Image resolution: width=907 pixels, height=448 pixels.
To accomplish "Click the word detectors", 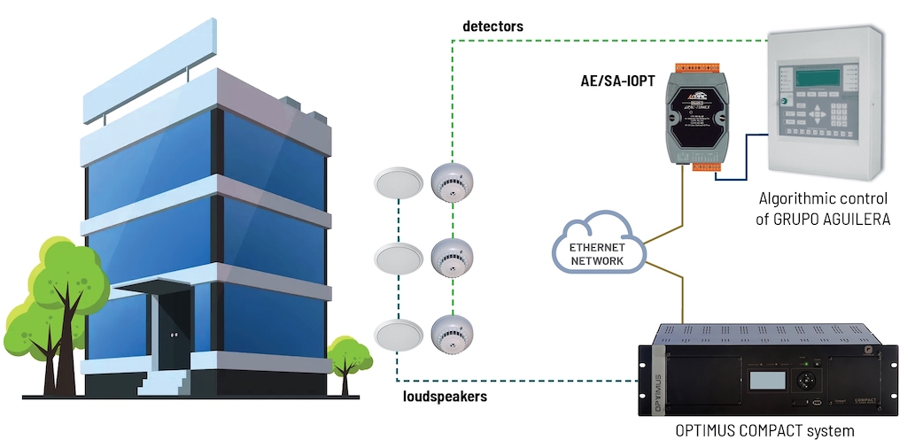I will [x=492, y=27].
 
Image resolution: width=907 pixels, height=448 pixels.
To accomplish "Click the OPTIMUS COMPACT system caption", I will [x=764, y=431].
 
